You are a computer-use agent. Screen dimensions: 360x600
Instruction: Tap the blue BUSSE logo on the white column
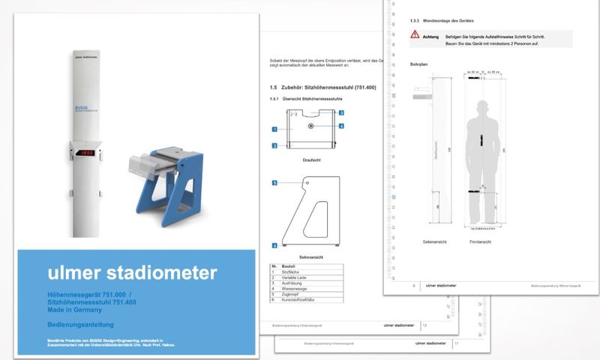click(82, 108)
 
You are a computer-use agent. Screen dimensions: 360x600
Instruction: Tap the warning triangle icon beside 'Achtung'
click(415, 35)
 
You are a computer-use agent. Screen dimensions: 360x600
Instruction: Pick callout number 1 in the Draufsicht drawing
click(274, 130)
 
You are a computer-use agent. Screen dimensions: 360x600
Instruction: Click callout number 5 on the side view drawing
click(274, 182)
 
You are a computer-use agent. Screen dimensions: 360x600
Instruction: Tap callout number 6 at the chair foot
click(274, 245)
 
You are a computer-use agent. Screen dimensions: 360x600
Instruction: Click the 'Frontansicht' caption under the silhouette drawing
click(480, 241)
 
